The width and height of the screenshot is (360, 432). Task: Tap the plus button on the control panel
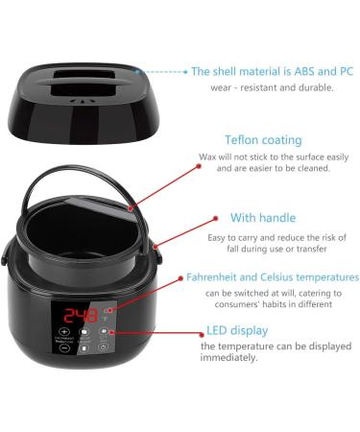(x=65, y=331)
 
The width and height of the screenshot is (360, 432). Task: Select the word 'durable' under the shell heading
(x=311, y=87)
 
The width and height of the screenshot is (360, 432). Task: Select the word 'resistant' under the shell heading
(x=256, y=87)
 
